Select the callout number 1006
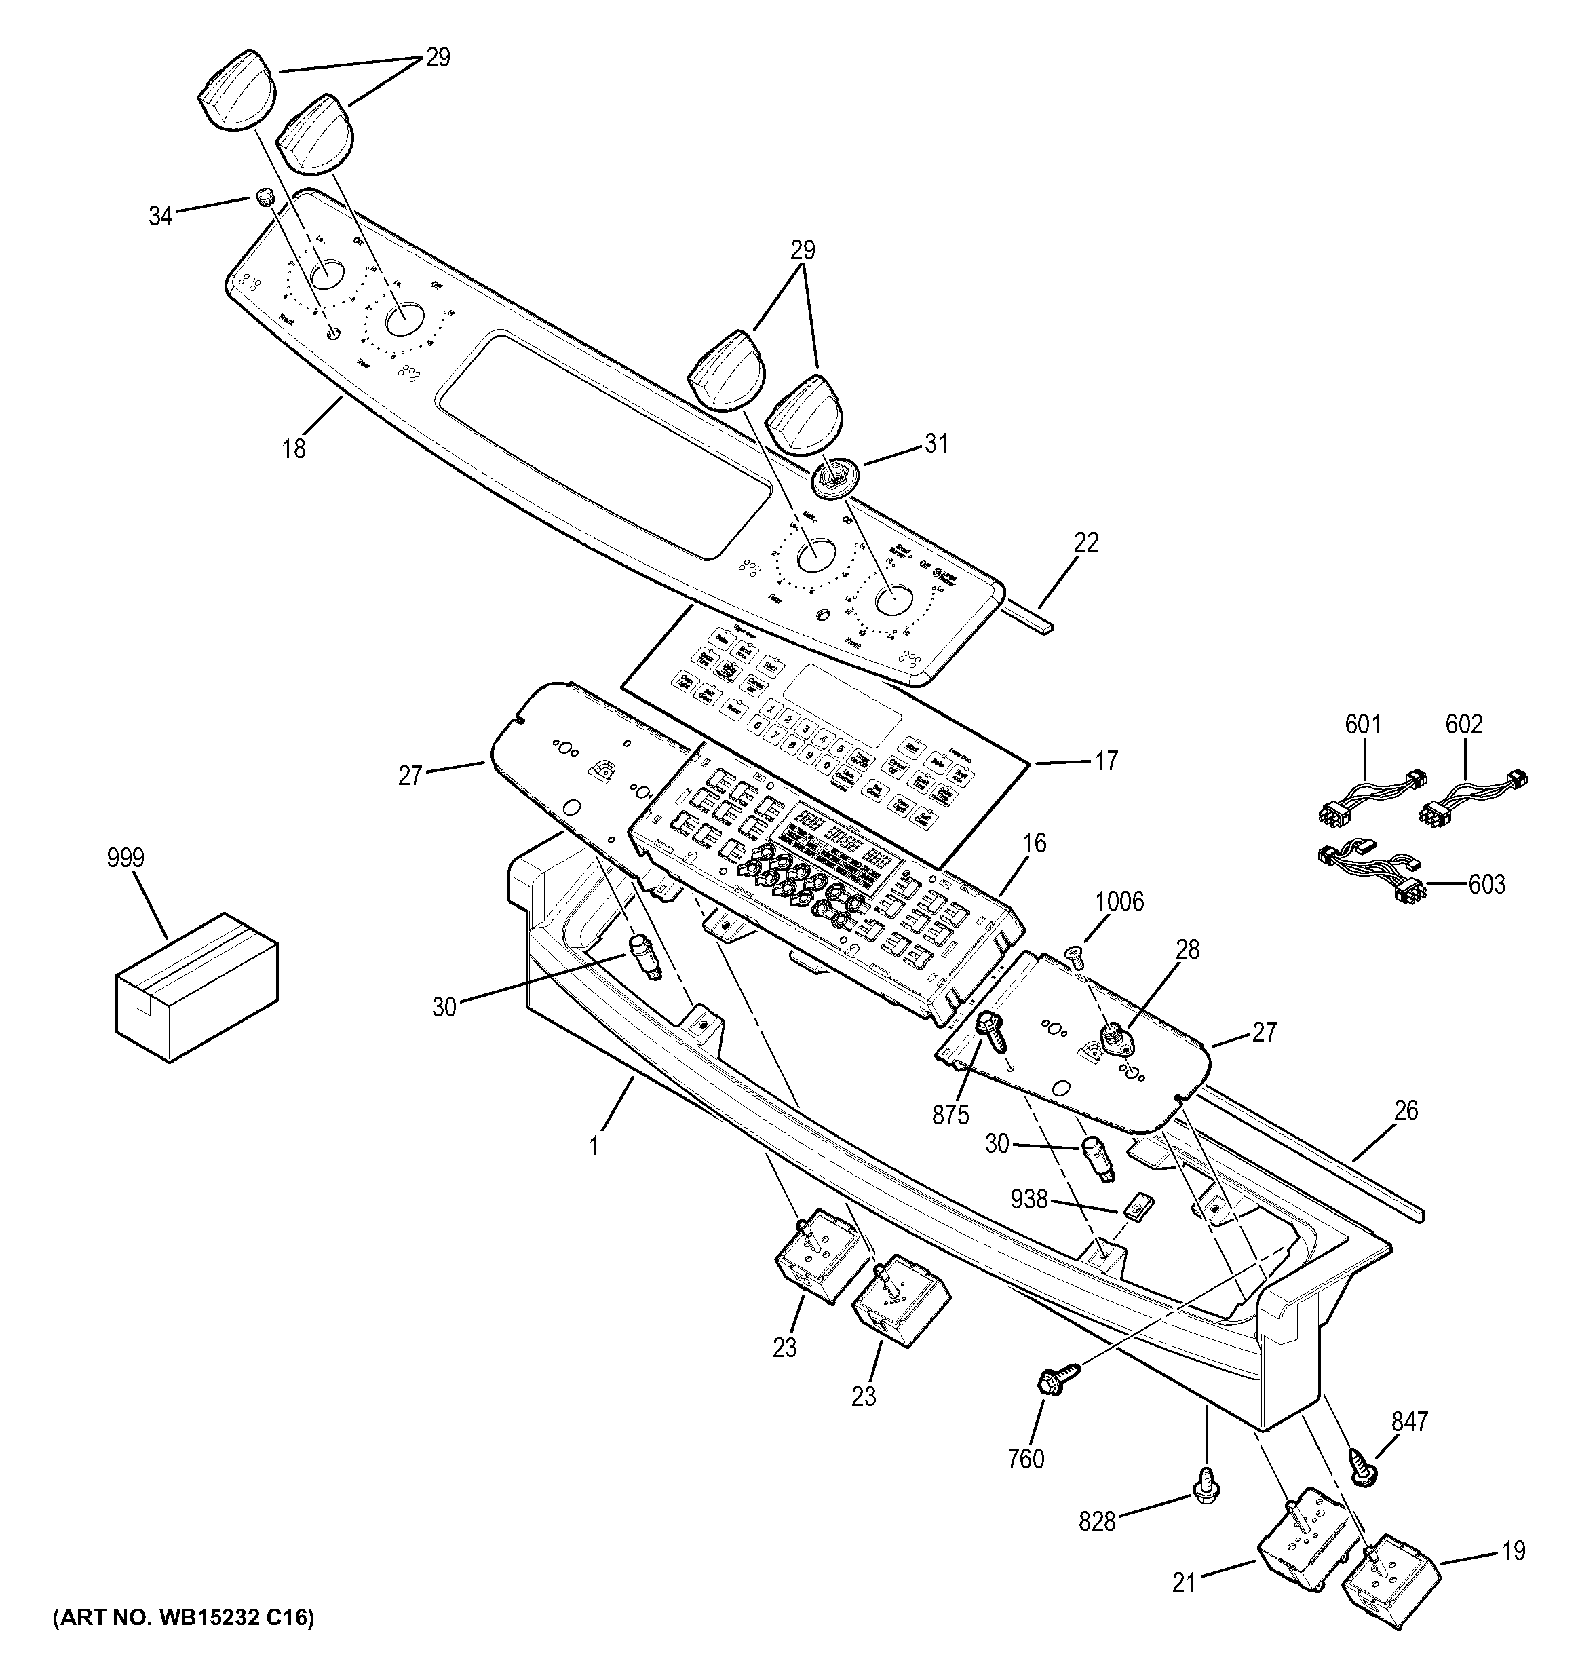1121,902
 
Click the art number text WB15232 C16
182,1618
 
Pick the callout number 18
294,448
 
